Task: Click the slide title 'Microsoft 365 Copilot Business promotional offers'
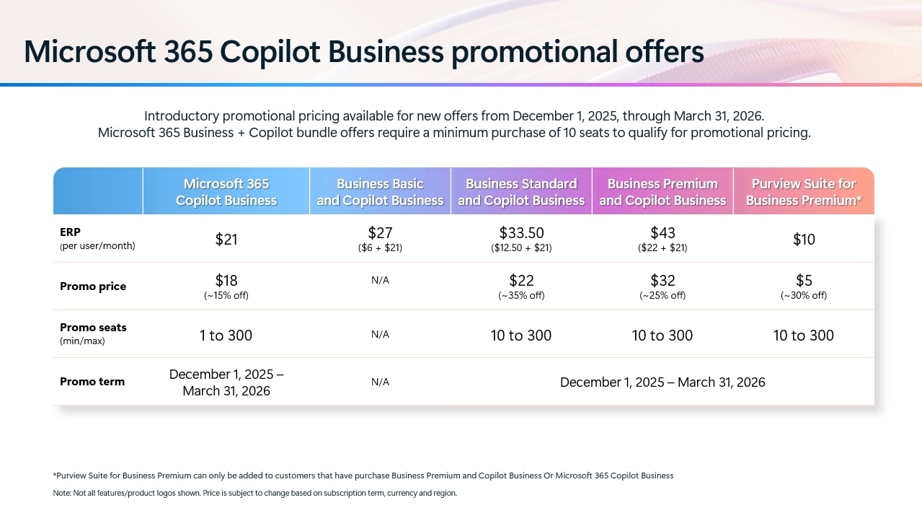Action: click(x=363, y=52)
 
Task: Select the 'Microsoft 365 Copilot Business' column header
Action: click(x=226, y=192)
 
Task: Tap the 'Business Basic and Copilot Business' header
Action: click(x=380, y=192)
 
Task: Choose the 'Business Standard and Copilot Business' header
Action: click(x=521, y=192)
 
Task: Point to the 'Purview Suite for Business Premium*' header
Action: click(x=804, y=192)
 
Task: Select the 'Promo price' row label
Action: click(x=93, y=286)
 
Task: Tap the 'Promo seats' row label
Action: click(x=93, y=328)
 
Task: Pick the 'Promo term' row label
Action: click(x=92, y=382)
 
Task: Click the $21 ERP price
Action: click(x=226, y=240)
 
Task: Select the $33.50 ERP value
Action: click(x=521, y=233)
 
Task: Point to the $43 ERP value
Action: click(x=662, y=233)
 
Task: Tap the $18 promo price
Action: click(x=226, y=281)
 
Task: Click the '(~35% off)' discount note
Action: click(x=521, y=296)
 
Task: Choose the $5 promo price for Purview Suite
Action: click(x=804, y=281)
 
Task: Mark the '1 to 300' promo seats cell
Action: click(x=226, y=336)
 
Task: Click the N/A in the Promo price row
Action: click(x=380, y=280)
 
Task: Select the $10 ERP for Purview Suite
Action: click(x=804, y=240)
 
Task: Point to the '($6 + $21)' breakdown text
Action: click(x=380, y=248)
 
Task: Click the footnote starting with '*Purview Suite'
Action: click(x=363, y=476)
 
